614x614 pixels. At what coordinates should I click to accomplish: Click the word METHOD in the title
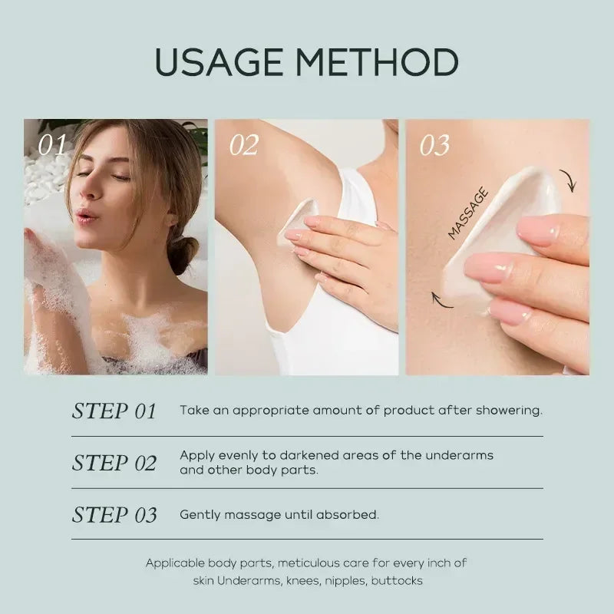pyautogui.click(x=381, y=62)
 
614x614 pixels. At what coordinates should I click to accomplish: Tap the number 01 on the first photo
pyautogui.click(x=53, y=145)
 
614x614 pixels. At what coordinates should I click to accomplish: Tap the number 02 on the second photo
pyautogui.click(x=244, y=145)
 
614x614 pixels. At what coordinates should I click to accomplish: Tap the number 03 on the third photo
pyautogui.click(x=434, y=145)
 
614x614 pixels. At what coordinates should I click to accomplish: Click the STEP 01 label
pyautogui.click(x=114, y=411)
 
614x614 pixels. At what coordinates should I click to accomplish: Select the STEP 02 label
pyautogui.click(x=114, y=463)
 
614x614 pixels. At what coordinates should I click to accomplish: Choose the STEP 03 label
pyautogui.click(x=114, y=515)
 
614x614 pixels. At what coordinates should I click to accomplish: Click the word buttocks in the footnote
pyautogui.click(x=397, y=580)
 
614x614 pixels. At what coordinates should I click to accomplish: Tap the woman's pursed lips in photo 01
pyautogui.click(x=87, y=215)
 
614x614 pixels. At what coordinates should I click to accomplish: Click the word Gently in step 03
pyautogui.click(x=199, y=515)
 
